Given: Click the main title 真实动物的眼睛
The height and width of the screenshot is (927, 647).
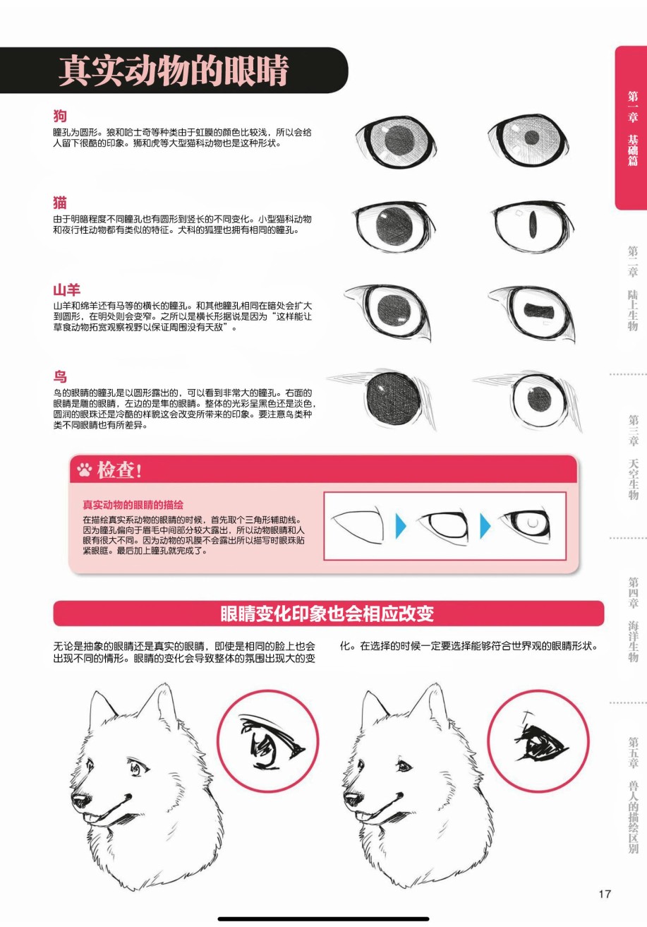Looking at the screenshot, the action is pyautogui.click(x=174, y=71).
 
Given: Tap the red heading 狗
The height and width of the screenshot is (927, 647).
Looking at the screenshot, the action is pyautogui.click(x=60, y=116).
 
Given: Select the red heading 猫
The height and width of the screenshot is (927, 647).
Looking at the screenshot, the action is pyautogui.click(x=60, y=203).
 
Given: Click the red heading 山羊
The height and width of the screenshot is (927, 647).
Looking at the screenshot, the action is pyautogui.click(x=66, y=289).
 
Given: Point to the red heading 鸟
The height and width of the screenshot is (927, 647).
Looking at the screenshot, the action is pyautogui.click(x=60, y=376).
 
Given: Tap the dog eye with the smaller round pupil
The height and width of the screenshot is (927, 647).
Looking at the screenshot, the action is pyautogui.click(x=528, y=140).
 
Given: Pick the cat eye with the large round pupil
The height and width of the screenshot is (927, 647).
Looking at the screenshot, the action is pyautogui.click(x=394, y=226).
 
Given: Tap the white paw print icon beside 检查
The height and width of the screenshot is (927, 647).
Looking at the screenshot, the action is pyautogui.click(x=84, y=470).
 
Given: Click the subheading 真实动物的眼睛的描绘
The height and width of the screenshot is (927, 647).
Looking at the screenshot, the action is pyautogui.click(x=133, y=505).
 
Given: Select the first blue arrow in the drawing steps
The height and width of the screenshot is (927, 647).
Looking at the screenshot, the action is pyautogui.click(x=401, y=526).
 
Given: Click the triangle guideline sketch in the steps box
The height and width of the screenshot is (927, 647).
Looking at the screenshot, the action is pyautogui.click(x=358, y=525).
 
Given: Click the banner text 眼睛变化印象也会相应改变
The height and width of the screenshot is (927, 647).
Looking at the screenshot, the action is pyautogui.click(x=327, y=614).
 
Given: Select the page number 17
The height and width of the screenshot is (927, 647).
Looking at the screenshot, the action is pyautogui.click(x=605, y=894).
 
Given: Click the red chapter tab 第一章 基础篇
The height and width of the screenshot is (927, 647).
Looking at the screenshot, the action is pyautogui.click(x=631, y=128).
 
